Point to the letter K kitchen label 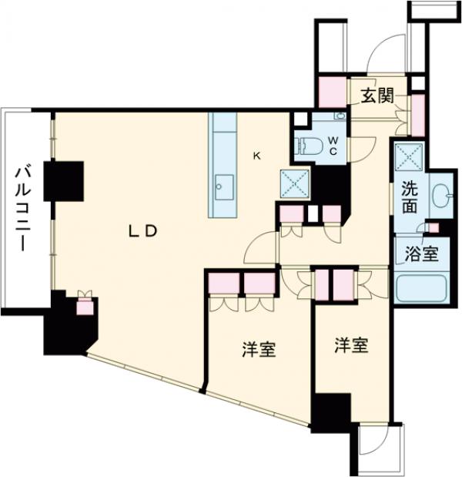[257, 156]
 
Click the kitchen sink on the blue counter [224, 185]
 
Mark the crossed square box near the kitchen [293, 183]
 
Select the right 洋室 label [350, 346]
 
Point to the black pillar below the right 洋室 [330, 408]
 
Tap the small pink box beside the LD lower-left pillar [85, 307]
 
